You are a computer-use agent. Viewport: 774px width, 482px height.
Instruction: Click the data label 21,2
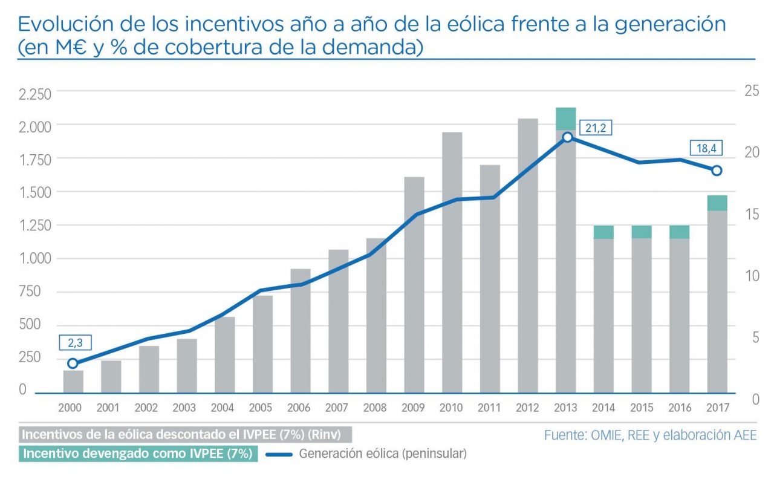point(595,128)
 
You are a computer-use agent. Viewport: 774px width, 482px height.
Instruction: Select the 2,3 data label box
point(75,343)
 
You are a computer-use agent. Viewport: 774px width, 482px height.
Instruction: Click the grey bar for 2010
point(452,263)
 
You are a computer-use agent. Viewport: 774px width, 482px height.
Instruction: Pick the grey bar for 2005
point(262,345)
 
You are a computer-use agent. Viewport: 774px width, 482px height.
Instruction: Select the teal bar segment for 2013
point(566,119)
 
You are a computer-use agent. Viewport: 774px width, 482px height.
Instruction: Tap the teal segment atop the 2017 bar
point(717,203)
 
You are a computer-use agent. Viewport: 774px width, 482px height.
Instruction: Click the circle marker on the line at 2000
point(73,363)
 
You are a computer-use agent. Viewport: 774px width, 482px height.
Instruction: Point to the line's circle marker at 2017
point(717,171)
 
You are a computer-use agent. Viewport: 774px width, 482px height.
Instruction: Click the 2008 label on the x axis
point(376,408)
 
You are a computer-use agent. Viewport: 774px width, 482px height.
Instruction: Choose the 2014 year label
point(603,408)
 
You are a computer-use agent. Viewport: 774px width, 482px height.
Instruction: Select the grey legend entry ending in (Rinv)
point(185,435)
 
